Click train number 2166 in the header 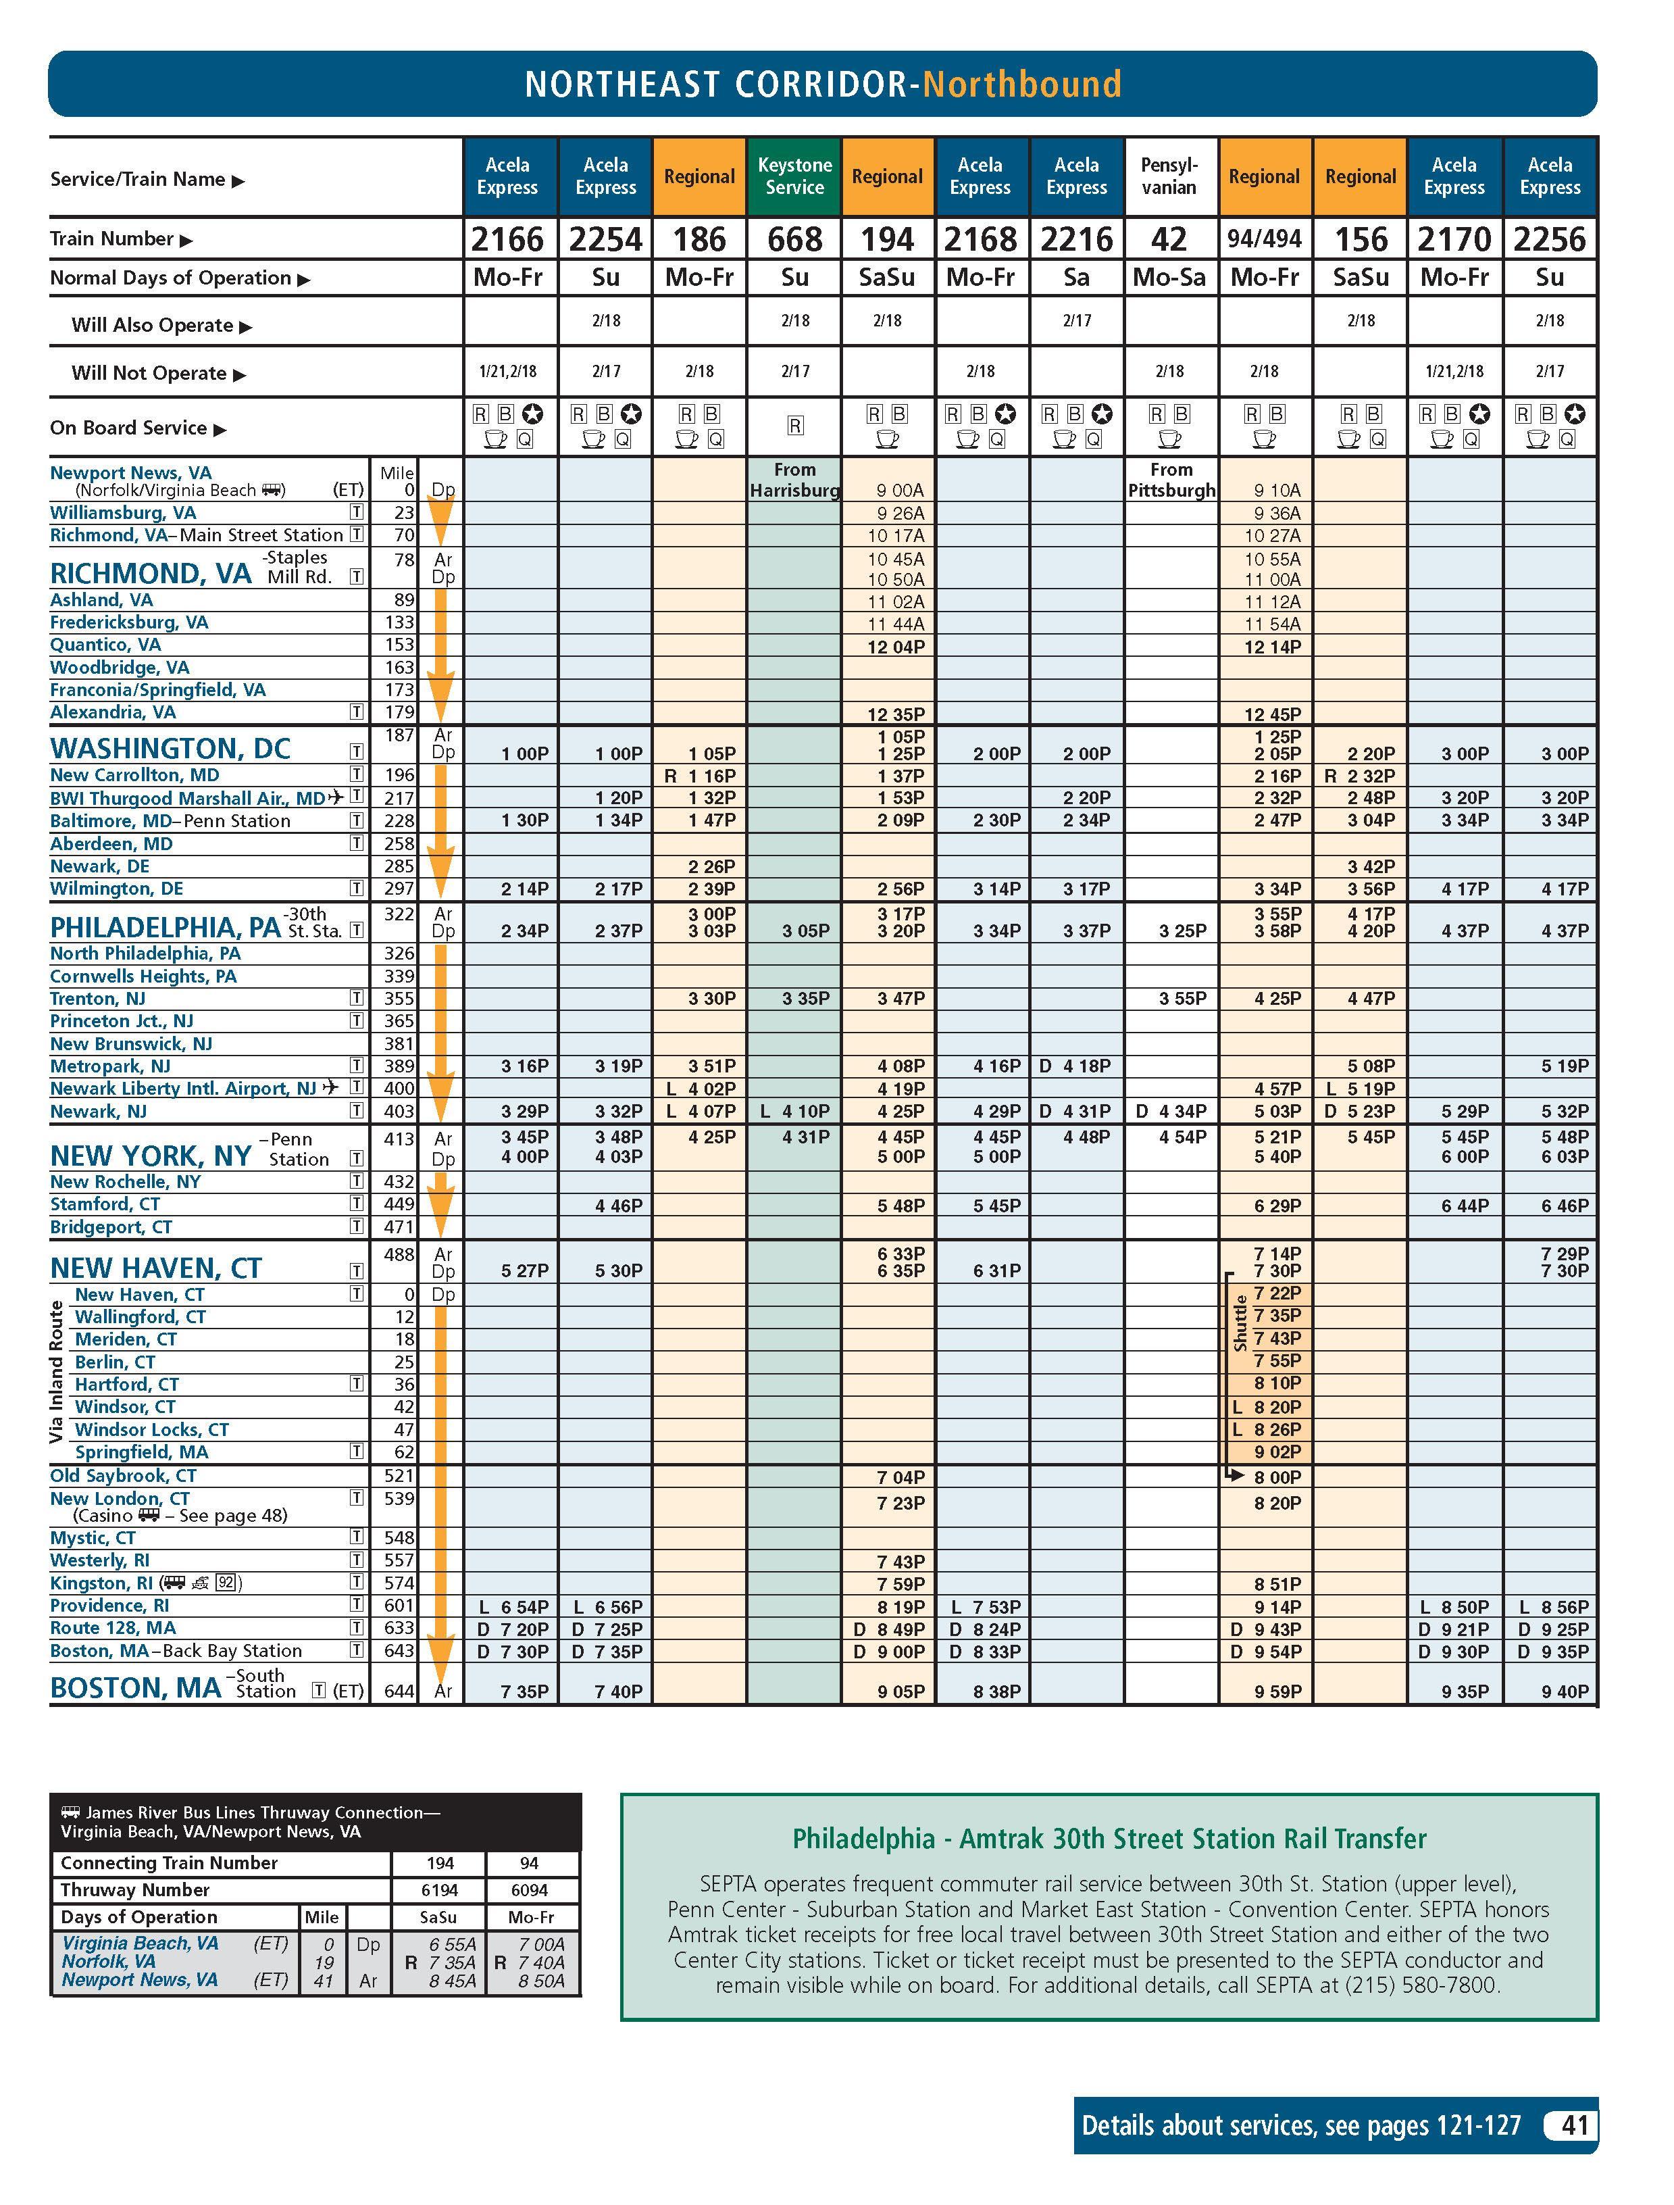click(507, 239)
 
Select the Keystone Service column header click(794, 176)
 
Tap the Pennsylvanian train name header click(1169, 176)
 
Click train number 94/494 click(1263, 239)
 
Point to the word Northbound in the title click(1021, 84)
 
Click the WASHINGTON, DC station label click(170, 749)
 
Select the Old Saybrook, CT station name click(124, 1475)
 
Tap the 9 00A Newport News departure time click(900, 491)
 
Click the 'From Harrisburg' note click(794, 480)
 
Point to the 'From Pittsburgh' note click(1171, 480)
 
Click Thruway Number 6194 click(439, 1890)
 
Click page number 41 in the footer click(1574, 2125)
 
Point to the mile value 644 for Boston click(399, 1691)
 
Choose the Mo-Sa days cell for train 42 click(1169, 277)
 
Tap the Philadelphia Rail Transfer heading click(1109, 1839)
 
